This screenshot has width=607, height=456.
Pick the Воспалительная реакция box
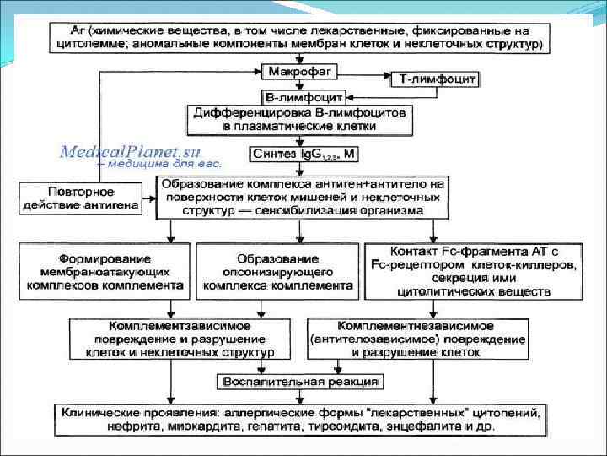coord(300,381)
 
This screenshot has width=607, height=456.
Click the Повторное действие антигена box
coord(80,198)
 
